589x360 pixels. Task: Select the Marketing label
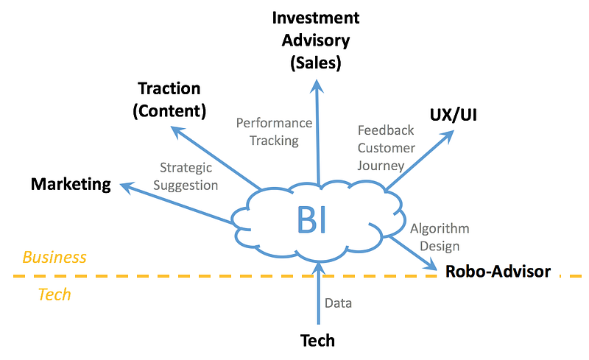pos(71,184)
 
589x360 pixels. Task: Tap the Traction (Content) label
pos(169,99)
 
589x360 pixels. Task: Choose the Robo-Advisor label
pos(498,272)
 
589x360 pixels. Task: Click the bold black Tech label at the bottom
pos(317,340)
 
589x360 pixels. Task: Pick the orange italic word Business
pos(54,258)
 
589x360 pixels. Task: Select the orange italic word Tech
pos(54,294)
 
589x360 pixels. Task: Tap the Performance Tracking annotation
pos(274,131)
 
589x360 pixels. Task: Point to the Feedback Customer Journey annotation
pos(386,147)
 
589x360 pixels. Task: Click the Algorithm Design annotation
pos(439,237)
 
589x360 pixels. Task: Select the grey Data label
pos(338,303)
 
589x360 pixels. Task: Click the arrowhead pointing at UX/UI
pos(448,135)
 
